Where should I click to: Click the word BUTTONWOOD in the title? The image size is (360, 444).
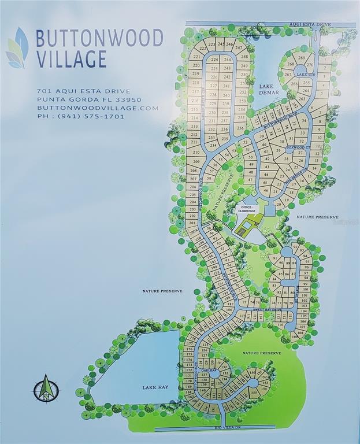99,38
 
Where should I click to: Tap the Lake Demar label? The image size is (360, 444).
269,89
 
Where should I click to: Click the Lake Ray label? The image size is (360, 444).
155,387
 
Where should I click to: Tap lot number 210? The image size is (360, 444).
195,152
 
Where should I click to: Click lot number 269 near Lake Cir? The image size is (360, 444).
301,58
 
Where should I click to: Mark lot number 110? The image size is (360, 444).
280,325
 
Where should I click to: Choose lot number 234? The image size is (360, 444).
212,144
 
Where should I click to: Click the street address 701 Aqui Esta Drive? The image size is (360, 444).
83,91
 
